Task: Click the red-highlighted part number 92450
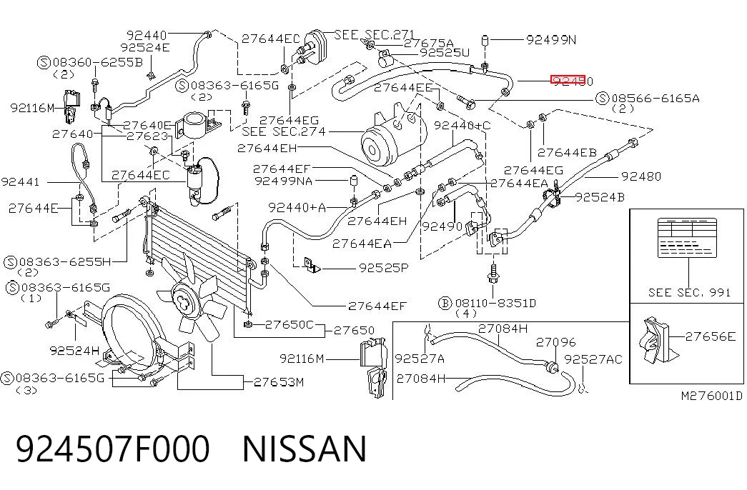[572, 81]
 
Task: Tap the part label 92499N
[551, 39]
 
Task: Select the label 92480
[641, 176]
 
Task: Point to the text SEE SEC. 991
[689, 292]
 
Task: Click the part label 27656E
[711, 336]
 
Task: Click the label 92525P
[383, 268]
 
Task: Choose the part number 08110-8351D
[495, 304]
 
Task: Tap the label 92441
[21, 182]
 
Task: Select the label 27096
[556, 342]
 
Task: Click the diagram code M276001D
[712, 396]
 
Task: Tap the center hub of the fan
[184, 299]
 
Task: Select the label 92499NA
[284, 181]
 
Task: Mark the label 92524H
[75, 351]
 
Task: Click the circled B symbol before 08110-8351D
[445, 304]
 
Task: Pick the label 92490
[442, 226]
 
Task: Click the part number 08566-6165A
[656, 99]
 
